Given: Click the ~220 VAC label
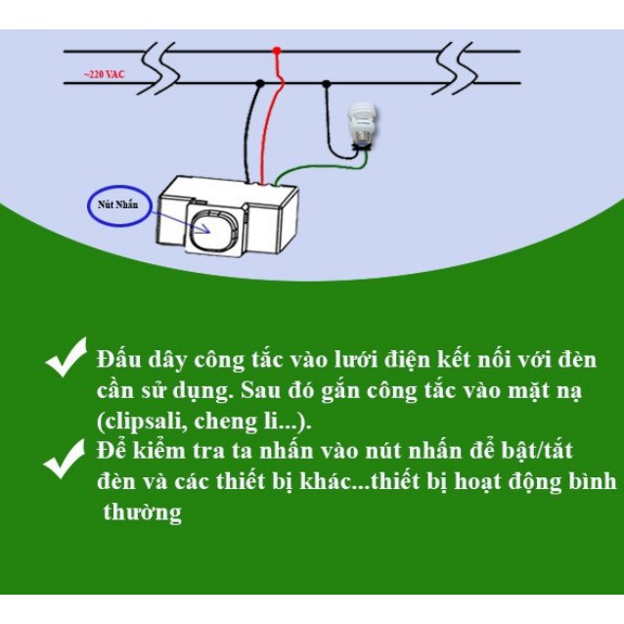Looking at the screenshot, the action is (105, 73).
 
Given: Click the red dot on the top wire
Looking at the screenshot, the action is (277, 50).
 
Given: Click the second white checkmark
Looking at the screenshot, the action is (66, 458).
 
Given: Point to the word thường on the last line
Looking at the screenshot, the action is (143, 513).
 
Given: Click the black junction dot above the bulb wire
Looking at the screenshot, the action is (326, 84).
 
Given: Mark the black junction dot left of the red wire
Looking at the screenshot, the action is (260, 84).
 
